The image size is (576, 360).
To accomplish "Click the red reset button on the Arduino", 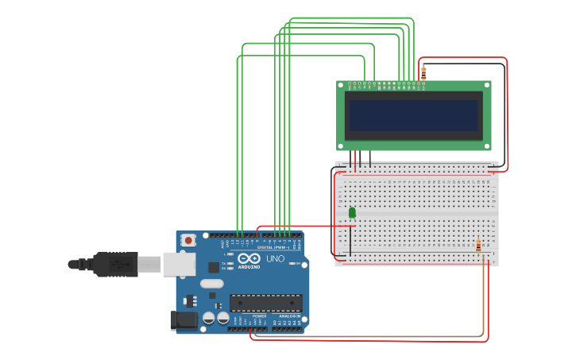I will [188, 239].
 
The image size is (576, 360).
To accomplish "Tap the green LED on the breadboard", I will [352, 212].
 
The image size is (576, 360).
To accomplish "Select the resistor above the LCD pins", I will [423, 73].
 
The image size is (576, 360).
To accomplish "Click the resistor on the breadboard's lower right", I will [478, 246].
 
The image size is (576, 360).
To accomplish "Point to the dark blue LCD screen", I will [414, 115].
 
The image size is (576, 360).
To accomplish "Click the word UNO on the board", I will [275, 259].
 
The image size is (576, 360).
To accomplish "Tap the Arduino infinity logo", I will [249, 258].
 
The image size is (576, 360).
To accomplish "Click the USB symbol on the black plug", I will [120, 263].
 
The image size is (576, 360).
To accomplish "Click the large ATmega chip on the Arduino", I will [265, 303].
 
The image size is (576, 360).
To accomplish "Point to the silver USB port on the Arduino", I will [179, 264].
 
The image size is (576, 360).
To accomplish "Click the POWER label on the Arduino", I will [259, 316].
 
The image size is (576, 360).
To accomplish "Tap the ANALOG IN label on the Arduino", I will [289, 316].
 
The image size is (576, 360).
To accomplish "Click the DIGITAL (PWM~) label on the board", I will [273, 247].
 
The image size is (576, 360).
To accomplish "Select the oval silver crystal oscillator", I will [211, 284].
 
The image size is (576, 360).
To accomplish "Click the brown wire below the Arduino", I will [365, 337].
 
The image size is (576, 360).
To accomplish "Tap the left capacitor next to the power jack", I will [209, 318].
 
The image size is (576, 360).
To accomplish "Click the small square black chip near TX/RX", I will [214, 268].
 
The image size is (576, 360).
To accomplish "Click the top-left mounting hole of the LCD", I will [341, 85].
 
